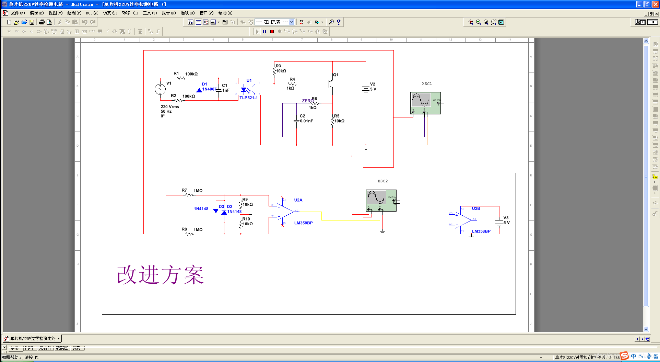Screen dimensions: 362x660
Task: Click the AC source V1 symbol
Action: click(x=160, y=89)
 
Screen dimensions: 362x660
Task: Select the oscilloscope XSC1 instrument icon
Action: click(x=425, y=103)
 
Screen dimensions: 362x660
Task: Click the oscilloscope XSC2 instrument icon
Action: click(x=381, y=200)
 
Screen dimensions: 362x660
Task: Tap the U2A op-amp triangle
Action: click(x=285, y=212)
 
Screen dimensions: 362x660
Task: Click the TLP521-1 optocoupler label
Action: click(x=248, y=98)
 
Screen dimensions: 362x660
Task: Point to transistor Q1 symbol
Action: click(x=330, y=83)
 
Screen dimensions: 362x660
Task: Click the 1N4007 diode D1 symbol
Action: click(x=199, y=90)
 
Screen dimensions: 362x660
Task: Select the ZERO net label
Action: click(x=307, y=101)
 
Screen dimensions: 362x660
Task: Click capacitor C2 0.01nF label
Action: click(x=306, y=121)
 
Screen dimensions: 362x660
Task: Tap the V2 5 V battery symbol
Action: click(x=366, y=89)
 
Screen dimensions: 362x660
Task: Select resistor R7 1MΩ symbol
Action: click(x=189, y=195)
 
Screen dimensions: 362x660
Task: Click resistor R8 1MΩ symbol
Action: click(x=189, y=234)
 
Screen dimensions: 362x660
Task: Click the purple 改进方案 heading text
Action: click(x=160, y=275)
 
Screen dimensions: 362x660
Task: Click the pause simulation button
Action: click(x=264, y=31)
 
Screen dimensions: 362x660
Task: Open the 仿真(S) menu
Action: click(x=110, y=13)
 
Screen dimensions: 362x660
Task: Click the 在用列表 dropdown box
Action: click(x=274, y=22)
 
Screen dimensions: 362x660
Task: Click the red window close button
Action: click(x=655, y=4)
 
